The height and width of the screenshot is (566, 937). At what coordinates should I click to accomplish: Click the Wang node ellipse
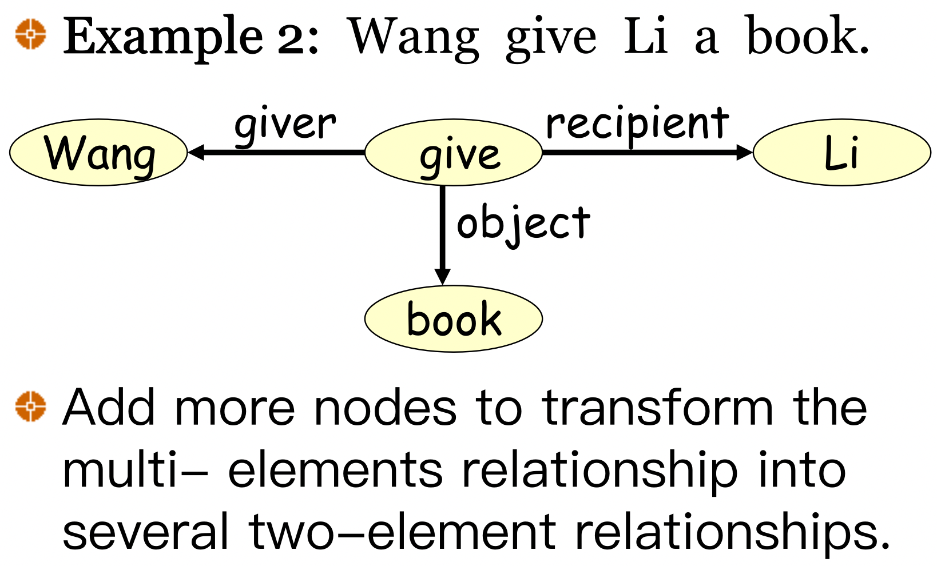point(98,153)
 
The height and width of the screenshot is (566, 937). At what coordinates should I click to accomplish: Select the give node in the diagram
point(453,153)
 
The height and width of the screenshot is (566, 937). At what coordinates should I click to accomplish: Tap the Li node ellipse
point(842,153)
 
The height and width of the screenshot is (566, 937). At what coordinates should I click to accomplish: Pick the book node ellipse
point(453,318)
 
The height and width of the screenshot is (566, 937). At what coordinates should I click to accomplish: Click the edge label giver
point(285,125)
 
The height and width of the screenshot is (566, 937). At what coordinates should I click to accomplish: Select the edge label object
point(523,224)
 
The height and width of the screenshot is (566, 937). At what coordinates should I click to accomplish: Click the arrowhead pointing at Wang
point(196,153)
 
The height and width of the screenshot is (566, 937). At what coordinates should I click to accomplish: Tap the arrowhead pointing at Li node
point(744,152)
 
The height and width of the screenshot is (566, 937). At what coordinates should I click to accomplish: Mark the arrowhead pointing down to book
point(442,277)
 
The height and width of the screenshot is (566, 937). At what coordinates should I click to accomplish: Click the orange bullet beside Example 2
point(30,34)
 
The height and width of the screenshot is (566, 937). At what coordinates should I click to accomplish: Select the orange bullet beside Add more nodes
point(30,406)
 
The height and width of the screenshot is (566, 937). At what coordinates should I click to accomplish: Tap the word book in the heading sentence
point(807,37)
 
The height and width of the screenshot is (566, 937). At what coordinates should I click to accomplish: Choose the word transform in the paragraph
point(658,408)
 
